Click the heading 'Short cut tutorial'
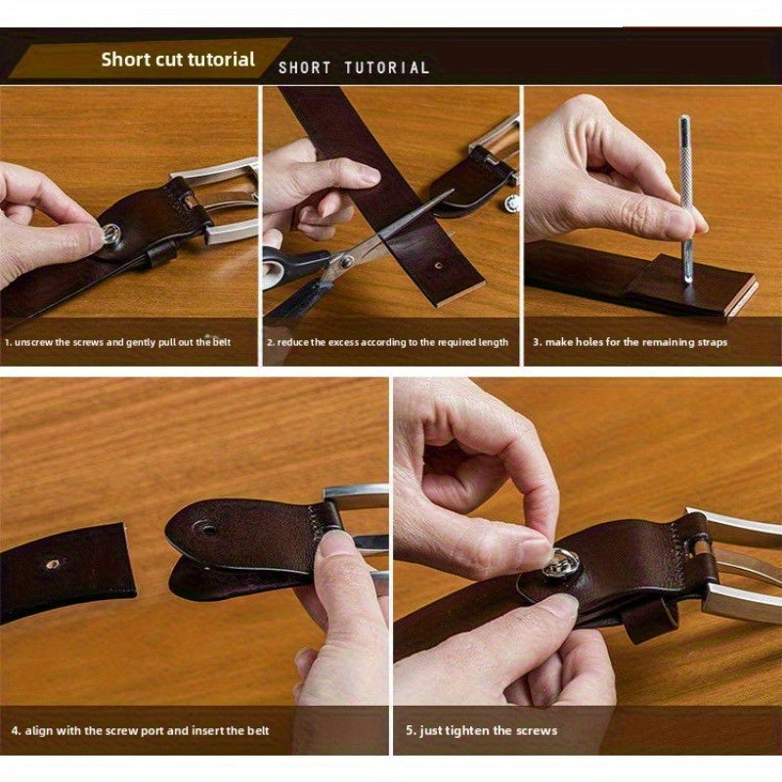point(178,60)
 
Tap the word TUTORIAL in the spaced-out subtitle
point(387,67)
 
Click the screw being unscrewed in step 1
point(110,234)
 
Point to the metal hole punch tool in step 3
point(686,199)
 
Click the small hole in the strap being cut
point(438,266)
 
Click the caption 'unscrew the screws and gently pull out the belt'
point(123,342)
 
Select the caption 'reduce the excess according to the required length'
point(393,342)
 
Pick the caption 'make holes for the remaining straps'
point(636,342)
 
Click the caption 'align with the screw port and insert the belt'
point(147,731)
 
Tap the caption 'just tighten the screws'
point(488,731)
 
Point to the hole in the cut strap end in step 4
point(53,565)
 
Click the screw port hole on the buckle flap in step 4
point(208,530)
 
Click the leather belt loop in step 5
point(649,620)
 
